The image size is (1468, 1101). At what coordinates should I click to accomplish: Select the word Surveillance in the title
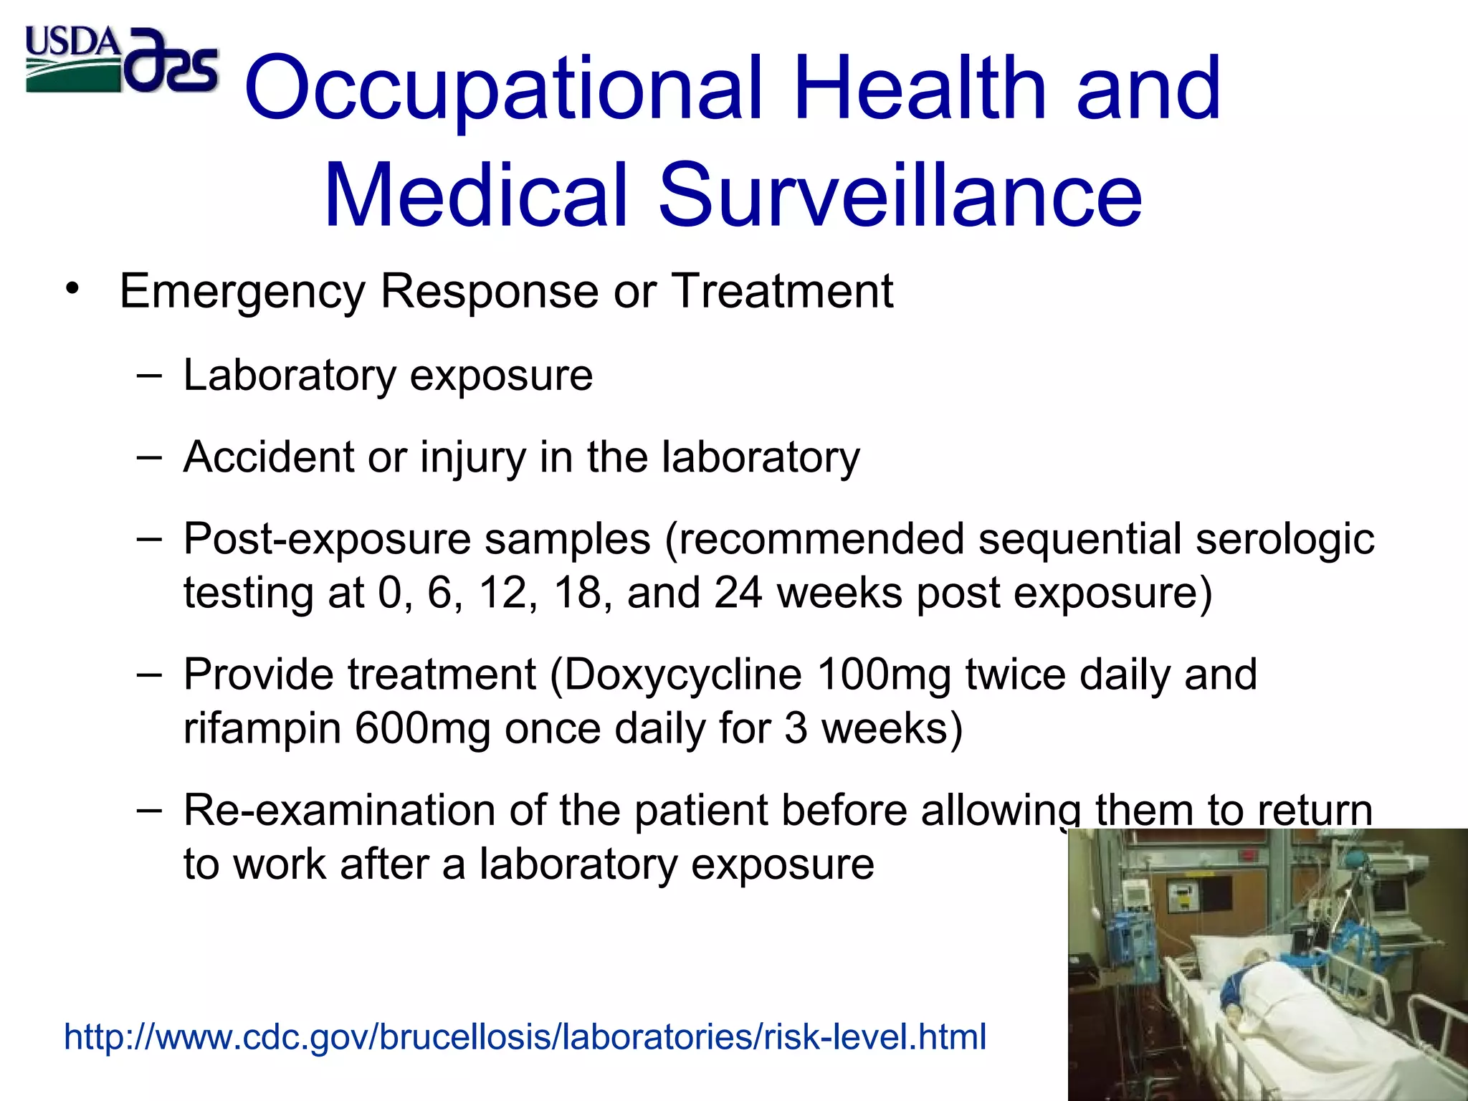tap(899, 195)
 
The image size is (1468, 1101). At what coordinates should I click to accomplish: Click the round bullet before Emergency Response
tap(72, 290)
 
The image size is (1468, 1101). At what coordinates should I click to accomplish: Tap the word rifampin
tap(262, 728)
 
